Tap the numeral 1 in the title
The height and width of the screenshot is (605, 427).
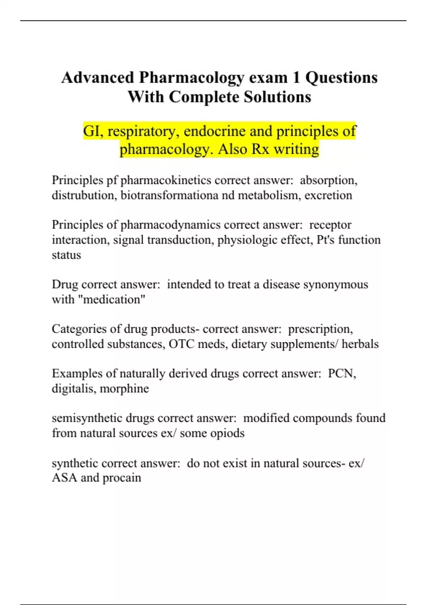click(296, 78)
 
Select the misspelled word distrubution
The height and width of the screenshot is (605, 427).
click(84, 195)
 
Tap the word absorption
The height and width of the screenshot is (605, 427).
click(328, 180)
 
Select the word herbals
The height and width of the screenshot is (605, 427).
click(360, 344)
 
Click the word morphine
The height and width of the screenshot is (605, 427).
click(124, 388)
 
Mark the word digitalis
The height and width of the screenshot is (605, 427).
click(74, 388)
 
